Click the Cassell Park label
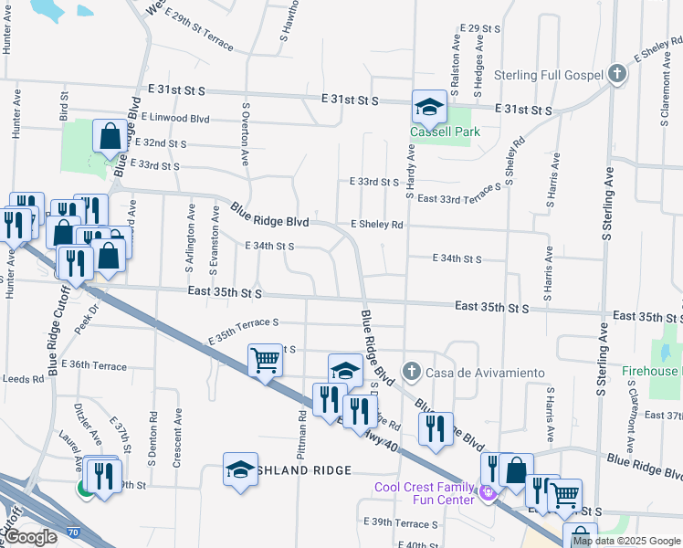tap(445, 132)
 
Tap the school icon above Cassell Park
tap(428, 107)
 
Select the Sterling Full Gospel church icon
tap(617, 75)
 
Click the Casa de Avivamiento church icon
tap(411, 372)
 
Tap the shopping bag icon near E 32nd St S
tap(110, 137)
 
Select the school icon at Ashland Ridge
tap(240, 470)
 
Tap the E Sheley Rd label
tap(376, 224)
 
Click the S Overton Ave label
tap(246, 133)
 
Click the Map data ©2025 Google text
tap(627, 541)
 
